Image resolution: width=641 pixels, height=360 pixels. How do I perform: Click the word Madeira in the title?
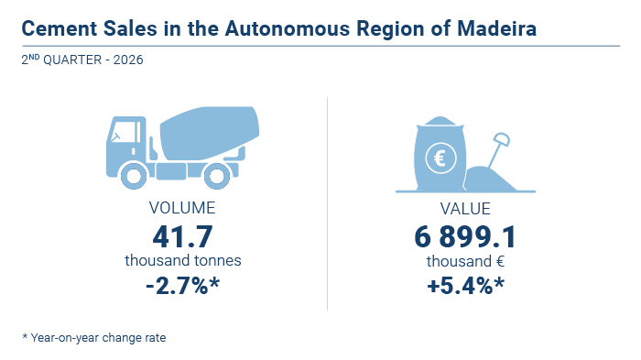(x=496, y=28)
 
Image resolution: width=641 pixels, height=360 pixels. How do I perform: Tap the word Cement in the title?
(x=60, y=28)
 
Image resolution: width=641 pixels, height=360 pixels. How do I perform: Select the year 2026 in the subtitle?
(x=128, y=60)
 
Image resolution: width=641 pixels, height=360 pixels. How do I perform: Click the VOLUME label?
(x=182, y=208)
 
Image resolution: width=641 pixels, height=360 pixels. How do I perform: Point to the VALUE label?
(x=465, y=209)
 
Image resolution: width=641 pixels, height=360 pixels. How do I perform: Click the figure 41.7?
(x=182, y=236)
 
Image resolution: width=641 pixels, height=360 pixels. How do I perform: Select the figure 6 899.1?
(x=465, y=237)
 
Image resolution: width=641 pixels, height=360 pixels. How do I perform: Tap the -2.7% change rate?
(x=182, y=286)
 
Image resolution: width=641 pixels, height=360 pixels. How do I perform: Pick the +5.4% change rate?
(x=465, y=286)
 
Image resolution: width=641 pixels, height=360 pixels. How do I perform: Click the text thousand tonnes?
(x=183, y=260)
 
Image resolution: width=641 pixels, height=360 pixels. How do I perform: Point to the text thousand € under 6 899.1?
(x=465, y=261)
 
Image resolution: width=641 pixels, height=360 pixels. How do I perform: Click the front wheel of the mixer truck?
(x=134, y=176)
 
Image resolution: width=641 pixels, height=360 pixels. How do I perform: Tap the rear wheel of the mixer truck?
(x=217, y=176)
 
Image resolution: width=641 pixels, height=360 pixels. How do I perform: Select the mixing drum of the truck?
(x=210, y=133)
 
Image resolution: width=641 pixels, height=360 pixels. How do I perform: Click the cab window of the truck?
(x=124, y=132)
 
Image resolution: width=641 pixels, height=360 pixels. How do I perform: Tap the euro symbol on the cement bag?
(x=440, y=158)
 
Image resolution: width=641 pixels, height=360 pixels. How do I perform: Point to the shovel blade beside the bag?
(x=502, y=139)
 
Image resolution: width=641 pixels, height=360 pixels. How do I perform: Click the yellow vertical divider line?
(x=328, y=203)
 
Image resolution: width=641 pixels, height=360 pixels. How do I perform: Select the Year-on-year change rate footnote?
(x=94, y=338)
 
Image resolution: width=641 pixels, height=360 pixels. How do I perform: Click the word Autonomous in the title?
(x=288, y=28)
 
